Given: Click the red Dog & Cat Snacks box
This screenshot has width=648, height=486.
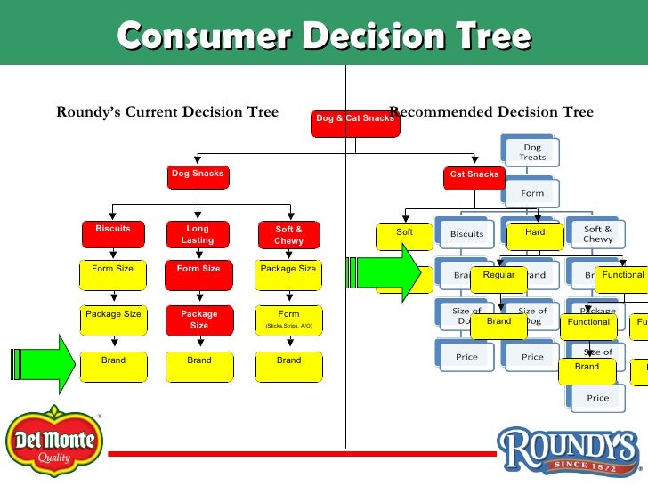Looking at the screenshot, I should click(x=354, y=124).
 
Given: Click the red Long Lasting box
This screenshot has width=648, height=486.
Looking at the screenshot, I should click(x=198, y=236).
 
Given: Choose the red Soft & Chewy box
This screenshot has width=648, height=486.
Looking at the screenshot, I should click(x=288, y=236).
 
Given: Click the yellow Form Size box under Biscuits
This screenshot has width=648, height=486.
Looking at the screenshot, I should click(x=113, y=275).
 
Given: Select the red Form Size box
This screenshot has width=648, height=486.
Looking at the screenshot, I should click(x=198, y=275).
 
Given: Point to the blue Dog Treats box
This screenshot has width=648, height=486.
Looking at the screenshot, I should click(x=531, y=152).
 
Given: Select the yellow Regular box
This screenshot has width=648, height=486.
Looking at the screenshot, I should click(x=498, y=279).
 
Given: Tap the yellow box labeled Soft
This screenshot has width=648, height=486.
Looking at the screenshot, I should click(x=405, y=236).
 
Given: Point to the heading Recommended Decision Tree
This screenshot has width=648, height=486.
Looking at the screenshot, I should click(x=491, y=112).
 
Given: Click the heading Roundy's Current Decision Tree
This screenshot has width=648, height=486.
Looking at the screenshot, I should click(x=167, y=112).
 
